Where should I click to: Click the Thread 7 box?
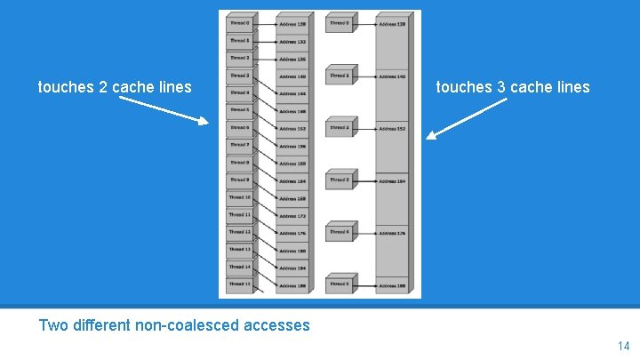click(x=239, y=145)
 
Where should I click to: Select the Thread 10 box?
click(x=239, y=197)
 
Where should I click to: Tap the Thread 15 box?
click(x=239, y=284)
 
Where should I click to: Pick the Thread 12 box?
click(x=239, y=232)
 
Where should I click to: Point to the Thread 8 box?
click(x=239, y=163)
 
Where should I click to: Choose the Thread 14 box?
click(x=239, y=267)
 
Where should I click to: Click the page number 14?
click(x=622, y=345)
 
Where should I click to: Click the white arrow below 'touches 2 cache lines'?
click(x=164, y=111)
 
